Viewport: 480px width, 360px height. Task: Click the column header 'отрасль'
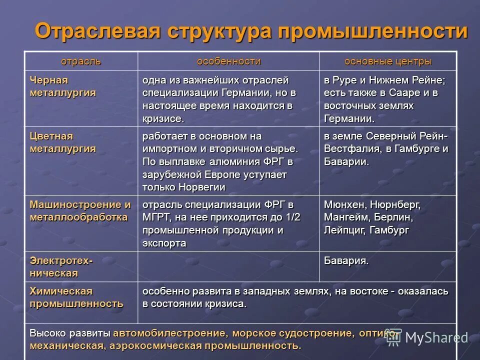[x=80, y=61]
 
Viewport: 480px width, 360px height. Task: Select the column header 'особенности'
[x=228, y=61]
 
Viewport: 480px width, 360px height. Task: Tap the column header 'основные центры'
[x=387, y=61]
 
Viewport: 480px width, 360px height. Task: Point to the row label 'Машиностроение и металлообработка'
[x=80, y=211]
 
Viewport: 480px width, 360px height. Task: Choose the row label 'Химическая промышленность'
[x=76, y=297]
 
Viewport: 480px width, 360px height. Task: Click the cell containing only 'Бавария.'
[x=346, y=260]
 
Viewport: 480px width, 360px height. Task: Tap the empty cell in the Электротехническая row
[x=228, y=266]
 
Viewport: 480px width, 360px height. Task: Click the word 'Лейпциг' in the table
[x=345, y=230]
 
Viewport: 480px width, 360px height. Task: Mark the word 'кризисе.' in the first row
[x=163, y=119]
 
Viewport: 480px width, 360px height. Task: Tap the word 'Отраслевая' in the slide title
[x=97, y=31]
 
